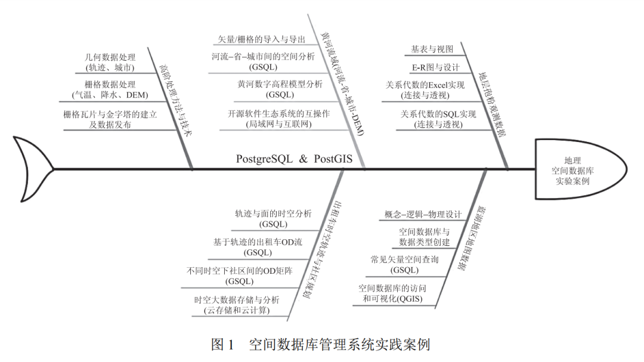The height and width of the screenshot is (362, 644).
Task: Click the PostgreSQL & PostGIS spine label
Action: click(294, 159)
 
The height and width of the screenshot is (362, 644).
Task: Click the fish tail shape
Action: click(33, 169)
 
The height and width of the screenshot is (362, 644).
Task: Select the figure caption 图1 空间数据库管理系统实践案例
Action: click(320, 345)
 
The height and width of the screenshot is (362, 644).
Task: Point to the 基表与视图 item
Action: click(432, 49)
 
